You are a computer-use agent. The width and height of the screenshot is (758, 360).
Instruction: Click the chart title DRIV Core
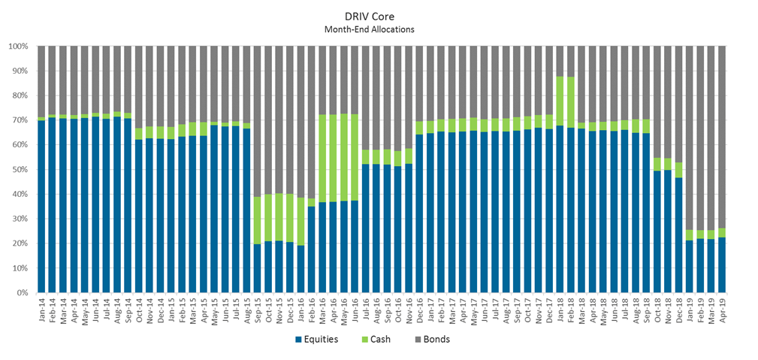[x=379, y=15]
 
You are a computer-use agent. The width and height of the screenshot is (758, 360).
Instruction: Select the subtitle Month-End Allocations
[x=379, y=29]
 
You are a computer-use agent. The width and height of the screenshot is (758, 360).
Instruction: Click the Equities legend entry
[x=316, y=339]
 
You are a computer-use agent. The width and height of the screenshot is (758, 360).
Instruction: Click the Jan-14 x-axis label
[x=42, y=308]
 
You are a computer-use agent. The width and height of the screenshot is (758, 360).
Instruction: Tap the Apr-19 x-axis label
[x=722, y=308]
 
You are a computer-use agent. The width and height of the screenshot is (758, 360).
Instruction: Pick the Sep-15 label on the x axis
[x=258, y=308]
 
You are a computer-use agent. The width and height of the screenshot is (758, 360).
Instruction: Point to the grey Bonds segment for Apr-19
[x=722, y=135]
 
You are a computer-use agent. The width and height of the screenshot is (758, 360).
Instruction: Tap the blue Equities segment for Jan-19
[x=690, y=267]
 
